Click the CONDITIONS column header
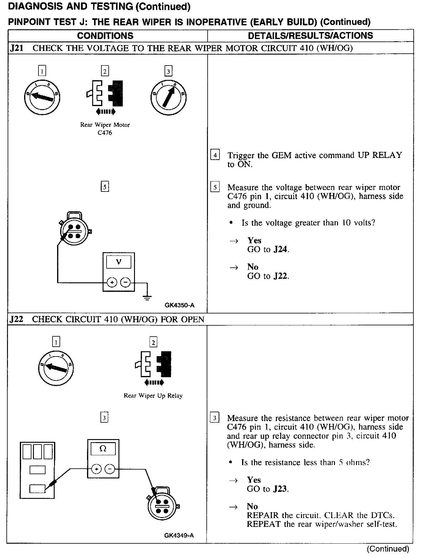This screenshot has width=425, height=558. tap(105, 36)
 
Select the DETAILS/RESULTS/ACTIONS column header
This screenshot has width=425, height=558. tap(310, 36)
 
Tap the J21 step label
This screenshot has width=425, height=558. tap(16, 48)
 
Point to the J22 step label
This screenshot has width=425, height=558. tap(16, 319)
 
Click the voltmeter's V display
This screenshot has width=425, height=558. tap(119, 262)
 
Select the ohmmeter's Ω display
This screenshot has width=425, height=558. tap(103, 449)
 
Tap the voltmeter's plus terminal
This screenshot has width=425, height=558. tap(112, 283)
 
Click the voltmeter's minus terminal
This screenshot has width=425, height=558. tap(125, 283)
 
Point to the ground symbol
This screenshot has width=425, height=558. tap(147, 297)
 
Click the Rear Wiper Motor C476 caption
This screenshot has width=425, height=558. tap(105, 129)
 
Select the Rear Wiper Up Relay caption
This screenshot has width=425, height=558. tap(153, 395)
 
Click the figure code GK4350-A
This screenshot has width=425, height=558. tap(179, 305)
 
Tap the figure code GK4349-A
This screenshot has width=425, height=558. tap(179, 535)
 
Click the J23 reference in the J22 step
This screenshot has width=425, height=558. tap(280, 489)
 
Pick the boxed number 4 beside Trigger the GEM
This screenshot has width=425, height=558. tap(215, 155)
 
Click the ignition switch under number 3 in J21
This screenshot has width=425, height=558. tap(168, 98)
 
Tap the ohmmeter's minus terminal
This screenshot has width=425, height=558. tap(110, 469)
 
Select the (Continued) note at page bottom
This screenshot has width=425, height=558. tap(388, 549)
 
